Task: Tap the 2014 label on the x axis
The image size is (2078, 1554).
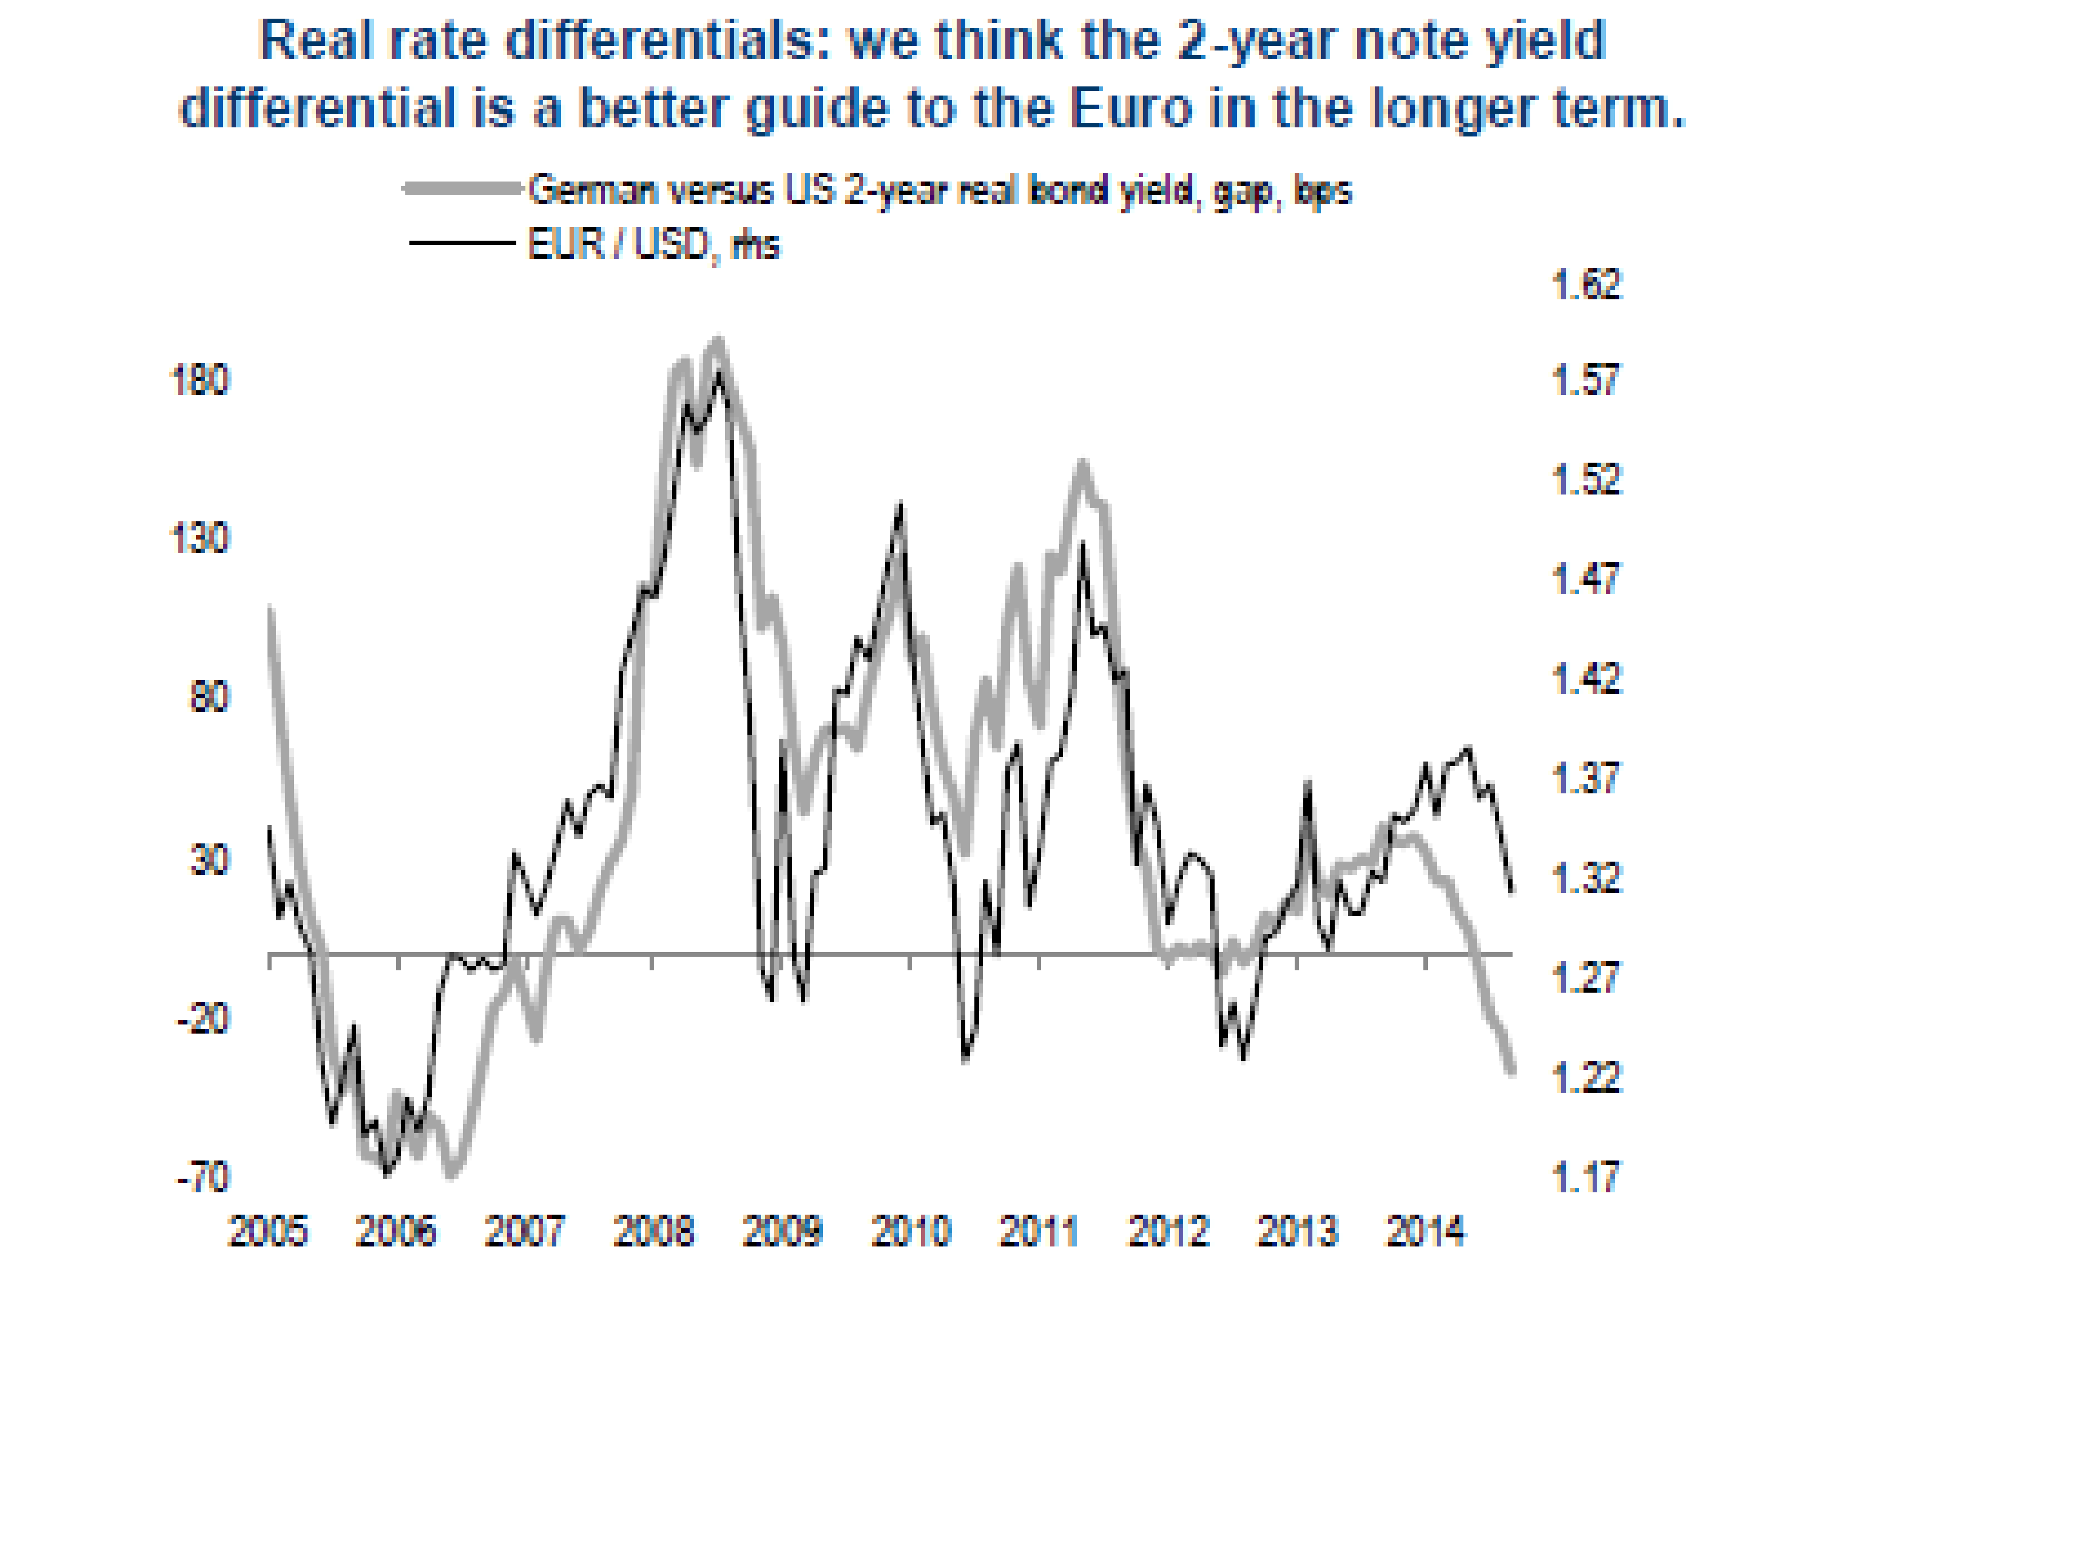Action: [x=1425, y=1231]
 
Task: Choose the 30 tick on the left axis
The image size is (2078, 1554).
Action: [x=208, y=859]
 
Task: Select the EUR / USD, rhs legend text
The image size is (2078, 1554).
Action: [x=653, y=244]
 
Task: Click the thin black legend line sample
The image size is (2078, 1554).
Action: [x=462, y=243]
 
